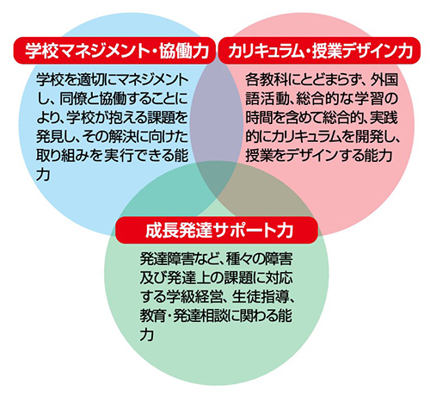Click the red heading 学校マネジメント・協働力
click(117, 51)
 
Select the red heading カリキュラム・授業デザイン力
click(320, 51)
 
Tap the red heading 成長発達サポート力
click(219, 231)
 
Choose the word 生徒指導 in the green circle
click(259, 297)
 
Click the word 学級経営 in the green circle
click(193, 297)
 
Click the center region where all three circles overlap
click(217, 178)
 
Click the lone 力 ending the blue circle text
click(43, 175)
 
